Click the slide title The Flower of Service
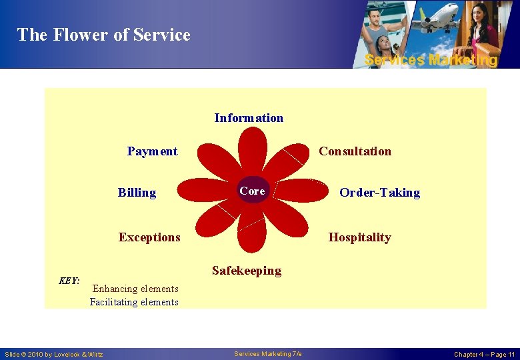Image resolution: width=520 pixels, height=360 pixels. pos(103,35)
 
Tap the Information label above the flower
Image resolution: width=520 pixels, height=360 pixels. pos(249,118)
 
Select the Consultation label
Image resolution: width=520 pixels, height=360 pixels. pos(355,151)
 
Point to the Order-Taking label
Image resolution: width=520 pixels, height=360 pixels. pos(379,193)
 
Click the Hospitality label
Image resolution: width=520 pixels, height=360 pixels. pos(359,237)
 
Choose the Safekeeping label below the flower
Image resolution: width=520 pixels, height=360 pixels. pos(246,271)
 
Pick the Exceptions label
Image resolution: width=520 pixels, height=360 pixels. pos(149,237)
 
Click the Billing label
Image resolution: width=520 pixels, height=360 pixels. pos(137,193)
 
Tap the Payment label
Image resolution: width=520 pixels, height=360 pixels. pos(152,151)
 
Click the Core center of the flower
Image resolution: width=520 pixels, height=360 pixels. pos(252,191)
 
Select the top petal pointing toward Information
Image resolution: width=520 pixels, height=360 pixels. pos(253,150)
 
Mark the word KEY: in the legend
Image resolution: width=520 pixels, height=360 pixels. pos(69,281)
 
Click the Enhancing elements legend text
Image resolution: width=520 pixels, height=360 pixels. pos(135,289)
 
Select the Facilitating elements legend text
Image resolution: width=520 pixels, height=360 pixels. pos(134,302)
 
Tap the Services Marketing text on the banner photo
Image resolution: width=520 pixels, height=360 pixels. pos(431,60)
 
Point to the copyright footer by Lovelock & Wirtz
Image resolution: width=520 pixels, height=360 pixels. pos(54,354)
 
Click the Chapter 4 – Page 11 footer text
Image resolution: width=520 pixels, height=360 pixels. pos(484,354)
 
